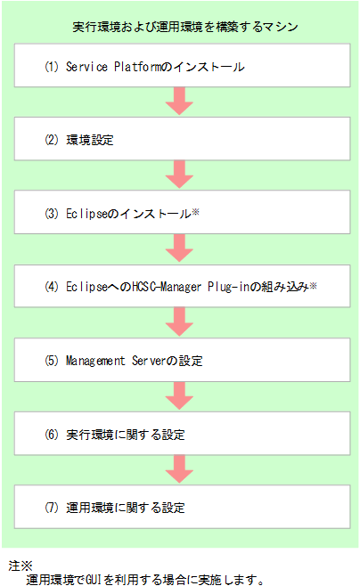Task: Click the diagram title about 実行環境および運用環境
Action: coord(185,28)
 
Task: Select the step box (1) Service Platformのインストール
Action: coord(181,66)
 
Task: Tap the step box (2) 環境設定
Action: coord(181,140)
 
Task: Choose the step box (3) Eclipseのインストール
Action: coord(181,214)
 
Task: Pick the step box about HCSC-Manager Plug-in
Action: coord(181,288)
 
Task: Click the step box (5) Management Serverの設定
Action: coord(181,362)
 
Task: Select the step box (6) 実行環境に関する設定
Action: coord(181,435)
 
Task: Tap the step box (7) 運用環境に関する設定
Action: coord(181,509)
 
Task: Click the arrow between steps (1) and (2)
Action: coord(181,102)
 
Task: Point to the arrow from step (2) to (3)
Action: coord(181,176)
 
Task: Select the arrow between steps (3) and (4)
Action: coord(181,250)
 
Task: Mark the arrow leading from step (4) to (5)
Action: coord(181,324)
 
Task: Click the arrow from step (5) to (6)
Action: coord(181,398)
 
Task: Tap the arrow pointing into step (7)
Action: coord(181,472)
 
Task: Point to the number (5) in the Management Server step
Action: coord(51,362)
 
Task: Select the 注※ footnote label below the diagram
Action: coord(20,566)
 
